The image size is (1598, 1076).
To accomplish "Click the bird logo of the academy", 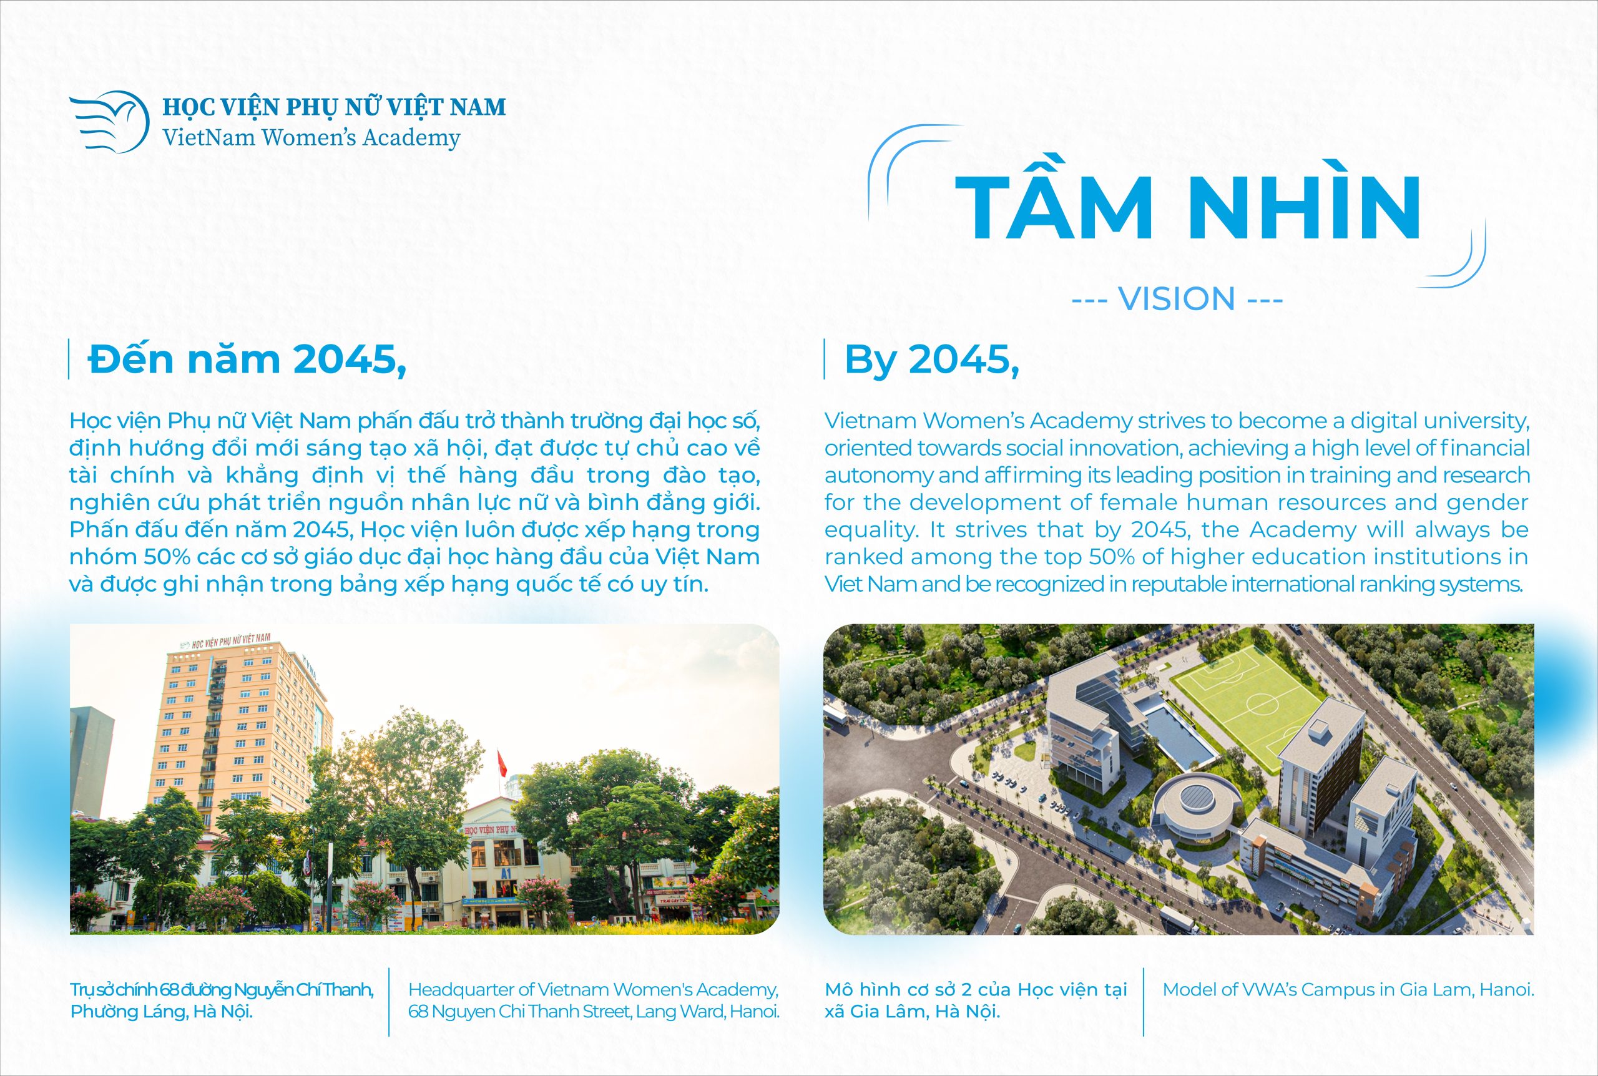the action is click(x=110, y=122).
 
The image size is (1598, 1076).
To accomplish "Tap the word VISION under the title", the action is click(x=1177, y=299).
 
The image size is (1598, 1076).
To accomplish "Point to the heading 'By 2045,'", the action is click(x=932, y=359).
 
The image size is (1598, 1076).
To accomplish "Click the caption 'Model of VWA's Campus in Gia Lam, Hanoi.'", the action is click(x=1348, y=989).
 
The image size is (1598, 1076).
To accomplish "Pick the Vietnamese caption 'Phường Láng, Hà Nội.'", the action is click(x=161, y=1012).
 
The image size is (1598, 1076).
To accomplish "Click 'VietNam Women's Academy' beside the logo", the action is click(x=311, y=138).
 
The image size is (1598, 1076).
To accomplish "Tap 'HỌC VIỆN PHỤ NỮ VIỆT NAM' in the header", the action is click(x=334, y=106).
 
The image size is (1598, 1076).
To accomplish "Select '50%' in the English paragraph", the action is click(x=1112, y=557).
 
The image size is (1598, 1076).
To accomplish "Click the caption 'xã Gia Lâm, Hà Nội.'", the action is click(x=912, y=1012).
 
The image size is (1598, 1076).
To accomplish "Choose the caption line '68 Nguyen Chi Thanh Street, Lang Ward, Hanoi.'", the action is click(x=594, y=1012).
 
